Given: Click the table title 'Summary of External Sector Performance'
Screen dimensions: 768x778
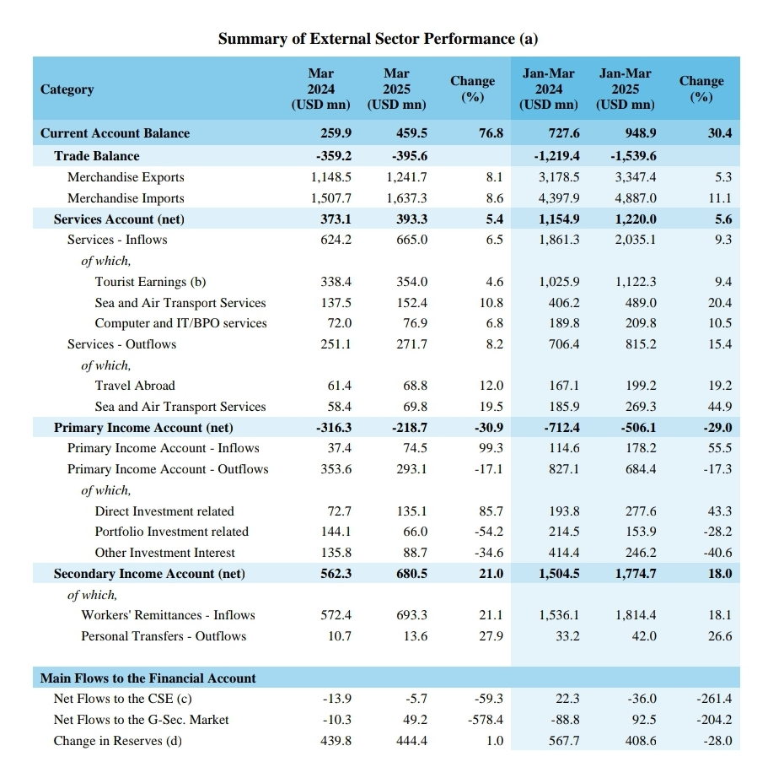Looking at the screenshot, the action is coord(366,39).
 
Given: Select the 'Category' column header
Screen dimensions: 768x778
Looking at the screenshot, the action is coord(67,89).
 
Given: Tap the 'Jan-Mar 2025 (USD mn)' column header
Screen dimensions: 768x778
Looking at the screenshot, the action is coord(626,89).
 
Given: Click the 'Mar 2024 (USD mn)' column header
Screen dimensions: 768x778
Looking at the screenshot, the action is coord(321,89).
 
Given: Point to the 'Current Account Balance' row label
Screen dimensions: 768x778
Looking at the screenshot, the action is coord(115,133).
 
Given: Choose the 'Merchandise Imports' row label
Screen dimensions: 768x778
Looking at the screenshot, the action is coord(126,198).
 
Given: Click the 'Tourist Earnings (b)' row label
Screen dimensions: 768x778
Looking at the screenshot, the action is coord(150,282).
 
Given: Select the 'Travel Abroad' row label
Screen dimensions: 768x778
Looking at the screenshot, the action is coord(135,386).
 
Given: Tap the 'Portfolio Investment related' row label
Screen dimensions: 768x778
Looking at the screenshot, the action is coord(171,532).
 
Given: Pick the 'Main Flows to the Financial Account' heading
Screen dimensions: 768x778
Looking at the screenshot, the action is coord(148,678).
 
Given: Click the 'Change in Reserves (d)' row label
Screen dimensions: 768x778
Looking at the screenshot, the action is coord(117,741).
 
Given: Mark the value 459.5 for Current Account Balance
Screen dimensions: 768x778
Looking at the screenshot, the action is coord(411,133).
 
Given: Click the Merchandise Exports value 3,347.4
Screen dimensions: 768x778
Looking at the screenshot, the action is coord(636,177).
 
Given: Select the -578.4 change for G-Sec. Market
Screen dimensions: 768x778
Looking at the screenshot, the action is coord(486,720).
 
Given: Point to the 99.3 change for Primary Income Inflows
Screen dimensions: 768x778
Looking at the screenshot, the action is coord(491,448).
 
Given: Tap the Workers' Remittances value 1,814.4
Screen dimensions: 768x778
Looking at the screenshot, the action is coord(636,615).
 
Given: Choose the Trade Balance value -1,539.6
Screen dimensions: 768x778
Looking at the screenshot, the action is coord(633,156).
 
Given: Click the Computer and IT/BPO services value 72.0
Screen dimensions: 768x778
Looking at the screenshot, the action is coord(339,323).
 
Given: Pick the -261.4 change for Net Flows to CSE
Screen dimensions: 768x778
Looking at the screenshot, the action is coord(714,699).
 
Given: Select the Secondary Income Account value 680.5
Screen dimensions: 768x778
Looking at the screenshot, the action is coord(411,574).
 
